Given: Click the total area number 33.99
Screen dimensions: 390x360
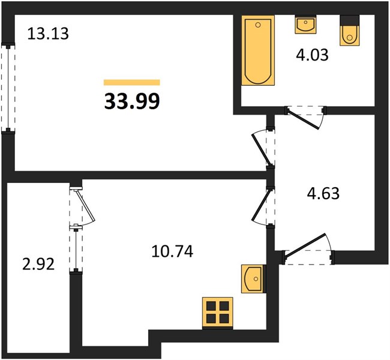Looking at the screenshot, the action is [132, 101].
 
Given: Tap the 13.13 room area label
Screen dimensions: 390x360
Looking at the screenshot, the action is [48, 34].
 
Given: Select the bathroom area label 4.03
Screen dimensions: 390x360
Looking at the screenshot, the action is [312, 55].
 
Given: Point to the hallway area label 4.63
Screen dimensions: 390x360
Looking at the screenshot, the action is [323, 193].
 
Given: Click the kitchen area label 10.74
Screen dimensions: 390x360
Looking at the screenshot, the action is [172, 251].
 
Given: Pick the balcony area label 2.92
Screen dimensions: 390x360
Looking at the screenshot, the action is [38, 264].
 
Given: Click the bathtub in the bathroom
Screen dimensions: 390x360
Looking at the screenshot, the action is [258, 50].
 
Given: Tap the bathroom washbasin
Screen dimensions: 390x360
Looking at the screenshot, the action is [305, 25].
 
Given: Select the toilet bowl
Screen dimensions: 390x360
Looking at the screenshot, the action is [349, 35].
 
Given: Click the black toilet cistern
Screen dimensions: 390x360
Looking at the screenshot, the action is [349, 20].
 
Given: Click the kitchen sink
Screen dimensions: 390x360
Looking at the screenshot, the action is [252, 278].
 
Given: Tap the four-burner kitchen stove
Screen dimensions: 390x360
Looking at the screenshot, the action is [218, 312].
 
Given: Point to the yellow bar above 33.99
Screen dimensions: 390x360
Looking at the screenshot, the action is [132, 82].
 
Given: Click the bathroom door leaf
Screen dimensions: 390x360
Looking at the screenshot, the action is [303, 119].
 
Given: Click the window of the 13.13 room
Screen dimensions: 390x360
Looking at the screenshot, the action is [8, 88].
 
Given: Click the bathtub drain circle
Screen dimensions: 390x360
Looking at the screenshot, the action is [258, 25].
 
